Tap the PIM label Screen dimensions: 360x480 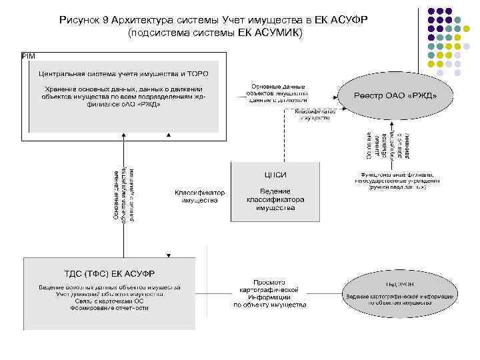[x=28, y=55]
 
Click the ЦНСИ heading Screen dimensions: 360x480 [x=275, y=175]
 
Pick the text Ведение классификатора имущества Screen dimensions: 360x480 [x=275, y=199]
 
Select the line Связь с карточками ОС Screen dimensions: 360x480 [x=109, y=301]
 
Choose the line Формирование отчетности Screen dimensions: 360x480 [x=109, y=308]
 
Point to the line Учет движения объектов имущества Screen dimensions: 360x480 [x=109, y=294]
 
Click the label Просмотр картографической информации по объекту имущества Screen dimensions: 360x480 [x=269, y=293]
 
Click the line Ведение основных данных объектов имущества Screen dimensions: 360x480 [x=109, y=287]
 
